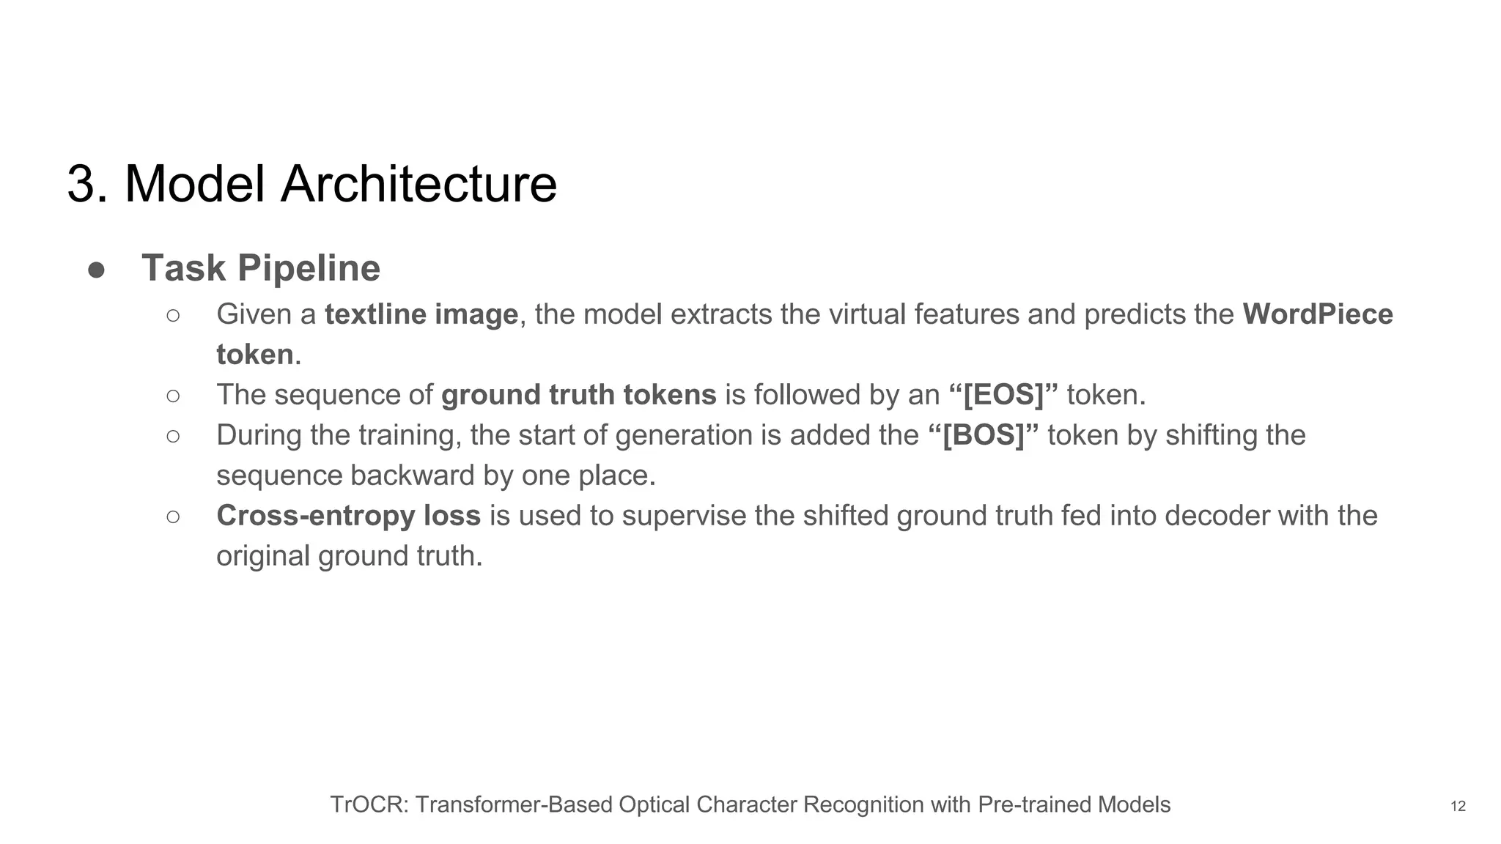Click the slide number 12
tap(1458, 807)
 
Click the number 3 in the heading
tap(82, 184)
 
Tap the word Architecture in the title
tap(418, 184)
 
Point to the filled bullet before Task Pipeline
tap(96, 270)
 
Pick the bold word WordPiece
tap(1318, 315)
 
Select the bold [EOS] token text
tap(1003, 396)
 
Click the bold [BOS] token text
tap(983, 436)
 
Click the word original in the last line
tap(263, 556)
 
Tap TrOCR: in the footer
tap(369, 805)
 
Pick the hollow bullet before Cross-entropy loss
tap(173, 517)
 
